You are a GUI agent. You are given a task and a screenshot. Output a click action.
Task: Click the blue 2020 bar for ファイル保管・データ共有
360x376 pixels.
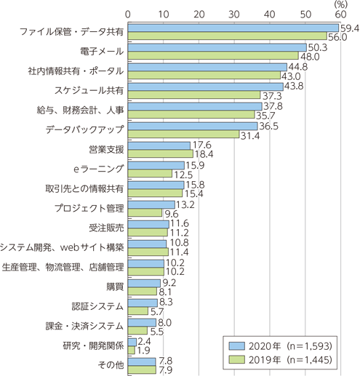(233, 28)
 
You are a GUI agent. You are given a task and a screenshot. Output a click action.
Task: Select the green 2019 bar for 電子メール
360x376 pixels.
(213, 55)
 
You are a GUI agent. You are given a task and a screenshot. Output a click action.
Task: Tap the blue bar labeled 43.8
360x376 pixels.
(206, 87)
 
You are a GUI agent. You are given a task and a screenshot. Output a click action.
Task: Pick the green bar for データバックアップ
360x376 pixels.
(183, 135)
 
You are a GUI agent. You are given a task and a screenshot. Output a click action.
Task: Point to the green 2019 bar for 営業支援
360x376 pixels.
(161, 154)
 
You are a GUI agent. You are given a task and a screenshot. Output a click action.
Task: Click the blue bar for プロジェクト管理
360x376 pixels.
(151, 205)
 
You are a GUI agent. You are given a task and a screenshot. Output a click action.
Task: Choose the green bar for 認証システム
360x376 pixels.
(138, 311)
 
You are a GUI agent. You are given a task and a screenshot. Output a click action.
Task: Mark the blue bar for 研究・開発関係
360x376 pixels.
(132, 343)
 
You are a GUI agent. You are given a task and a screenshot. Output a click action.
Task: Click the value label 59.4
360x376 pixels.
(349, 28)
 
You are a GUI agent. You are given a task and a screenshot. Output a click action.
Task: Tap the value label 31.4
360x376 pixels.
(250, 136)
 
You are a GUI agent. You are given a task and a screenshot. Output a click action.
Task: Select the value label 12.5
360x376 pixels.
(183, 175)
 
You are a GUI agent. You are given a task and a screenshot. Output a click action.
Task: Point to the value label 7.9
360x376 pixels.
(166, 370)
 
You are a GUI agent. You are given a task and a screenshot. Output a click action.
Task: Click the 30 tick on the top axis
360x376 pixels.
(234, 15)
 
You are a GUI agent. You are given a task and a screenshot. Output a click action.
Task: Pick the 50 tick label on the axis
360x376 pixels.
(305, 15)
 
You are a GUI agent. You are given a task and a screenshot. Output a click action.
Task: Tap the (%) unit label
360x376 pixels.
(340, 4)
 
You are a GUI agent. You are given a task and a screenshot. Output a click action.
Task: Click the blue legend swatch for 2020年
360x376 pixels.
(237, 346)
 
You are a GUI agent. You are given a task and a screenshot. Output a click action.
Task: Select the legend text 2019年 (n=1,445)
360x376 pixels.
(290, 360)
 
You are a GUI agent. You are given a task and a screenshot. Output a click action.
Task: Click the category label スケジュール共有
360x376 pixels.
(89, 90)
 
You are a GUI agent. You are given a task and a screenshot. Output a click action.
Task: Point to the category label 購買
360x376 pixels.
(115, 287)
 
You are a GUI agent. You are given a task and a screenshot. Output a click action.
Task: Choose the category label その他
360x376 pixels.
(111, 365)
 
